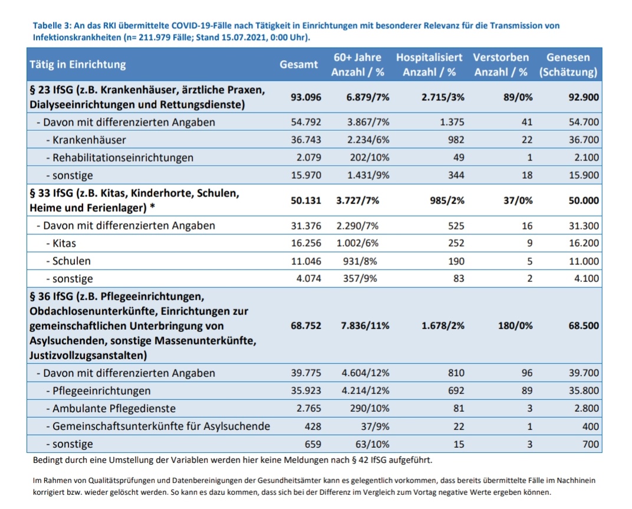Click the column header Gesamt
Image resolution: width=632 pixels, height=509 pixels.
[x=298, y=65]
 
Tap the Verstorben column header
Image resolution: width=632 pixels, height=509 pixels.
[x=501, y=65]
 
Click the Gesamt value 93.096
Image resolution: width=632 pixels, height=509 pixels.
[x=306, y=97]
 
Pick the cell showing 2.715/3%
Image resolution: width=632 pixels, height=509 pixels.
[x=443, y=97]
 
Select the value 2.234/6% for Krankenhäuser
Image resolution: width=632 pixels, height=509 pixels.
[x=368, y=140]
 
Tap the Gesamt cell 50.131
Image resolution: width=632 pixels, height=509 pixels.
[x=306, y=200]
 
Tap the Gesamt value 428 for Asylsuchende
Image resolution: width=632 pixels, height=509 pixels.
[x=312, y=426]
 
